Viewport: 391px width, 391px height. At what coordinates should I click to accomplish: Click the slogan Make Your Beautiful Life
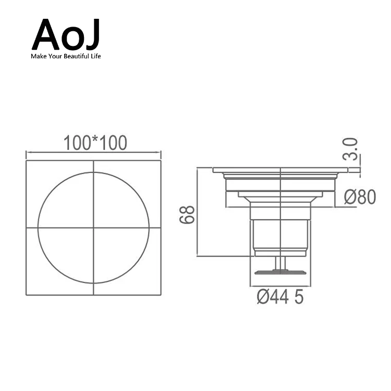tap(66, 56)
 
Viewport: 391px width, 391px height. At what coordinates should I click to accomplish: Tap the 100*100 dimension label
tap(94, 142)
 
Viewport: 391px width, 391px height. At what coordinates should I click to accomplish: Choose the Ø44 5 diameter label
tap(279, 298)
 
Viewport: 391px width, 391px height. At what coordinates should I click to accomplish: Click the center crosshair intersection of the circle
tap(94, 227)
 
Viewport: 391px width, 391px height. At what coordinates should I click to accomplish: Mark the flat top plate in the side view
tap(282, 170)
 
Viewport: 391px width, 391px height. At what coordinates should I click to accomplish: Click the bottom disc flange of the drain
tap(280, 271)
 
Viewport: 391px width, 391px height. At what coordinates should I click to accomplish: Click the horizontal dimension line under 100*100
tap(94, 153)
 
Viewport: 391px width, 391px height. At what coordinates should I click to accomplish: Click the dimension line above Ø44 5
tap(280, 286)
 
